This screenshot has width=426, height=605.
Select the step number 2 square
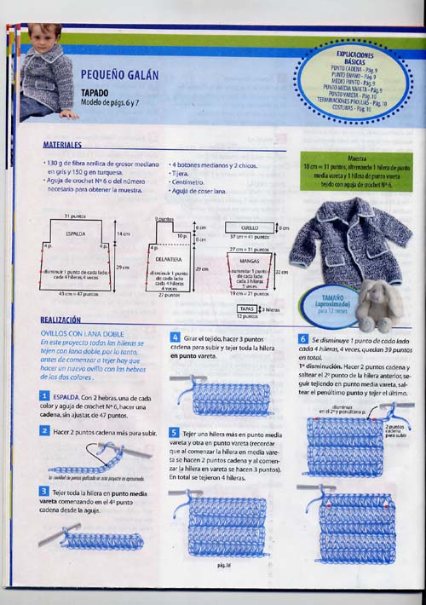coord(43,431)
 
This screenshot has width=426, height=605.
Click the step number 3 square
coord(43,492)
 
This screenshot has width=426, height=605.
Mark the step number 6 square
coord(302,338)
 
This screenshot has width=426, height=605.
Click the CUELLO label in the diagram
coord(250,228)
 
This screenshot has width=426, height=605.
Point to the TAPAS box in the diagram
coord(247,308)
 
